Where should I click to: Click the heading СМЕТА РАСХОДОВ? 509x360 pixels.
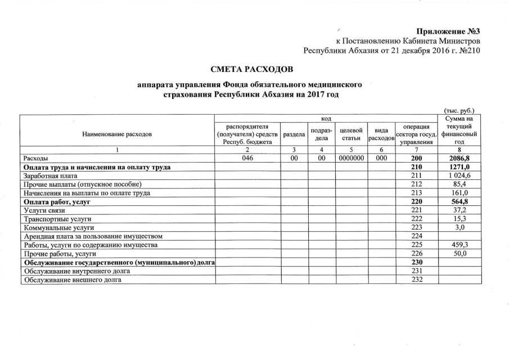pyautogui.click(x=252, y=70)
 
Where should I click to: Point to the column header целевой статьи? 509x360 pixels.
pyautogui.click(x=350, y=134)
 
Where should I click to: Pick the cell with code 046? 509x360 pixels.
pyautogui.click(x=248, y=159)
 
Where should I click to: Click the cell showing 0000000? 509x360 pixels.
pyautogui.click(x=350, y=159)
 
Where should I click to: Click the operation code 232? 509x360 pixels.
pyautogui.click(x=416, y=279)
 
